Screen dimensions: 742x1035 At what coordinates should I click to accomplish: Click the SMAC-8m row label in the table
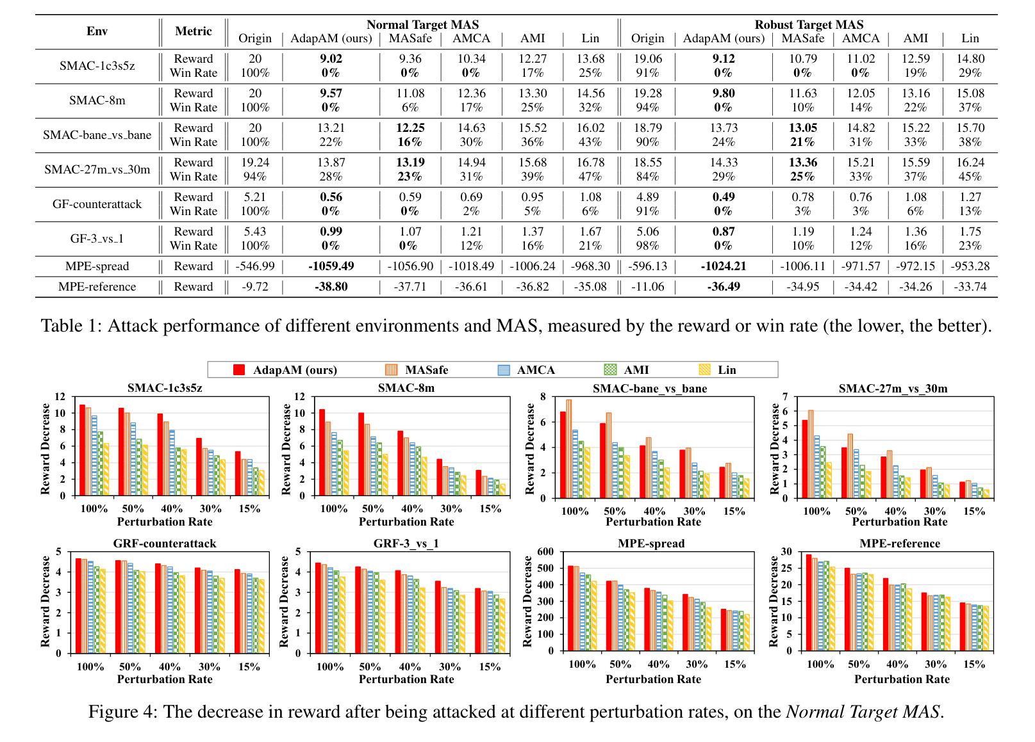tap(97, 100)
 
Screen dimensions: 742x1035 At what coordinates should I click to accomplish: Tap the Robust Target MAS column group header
tap(808, 25)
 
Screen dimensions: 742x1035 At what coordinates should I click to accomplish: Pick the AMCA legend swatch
tap(504, 369)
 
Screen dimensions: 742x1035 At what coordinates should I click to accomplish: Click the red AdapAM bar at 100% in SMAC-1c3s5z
tap(83, 450)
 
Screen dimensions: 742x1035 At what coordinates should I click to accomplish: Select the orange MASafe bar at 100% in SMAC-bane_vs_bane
tap(568, 449)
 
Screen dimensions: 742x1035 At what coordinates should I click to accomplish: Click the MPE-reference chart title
tap(899, 543)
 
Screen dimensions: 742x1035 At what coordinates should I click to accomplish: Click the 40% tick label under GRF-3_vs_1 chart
tap(410, 666)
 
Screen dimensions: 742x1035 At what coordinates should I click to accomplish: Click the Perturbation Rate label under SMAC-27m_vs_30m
tap(899, 522)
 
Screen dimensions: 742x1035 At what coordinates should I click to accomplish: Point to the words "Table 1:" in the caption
tap(70, 326)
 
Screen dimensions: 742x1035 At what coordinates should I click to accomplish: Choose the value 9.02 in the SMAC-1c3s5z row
tap(331, 59)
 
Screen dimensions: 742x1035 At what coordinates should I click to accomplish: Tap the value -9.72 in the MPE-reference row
tap(255, 286)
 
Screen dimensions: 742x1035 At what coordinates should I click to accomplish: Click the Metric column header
tap(194, 31)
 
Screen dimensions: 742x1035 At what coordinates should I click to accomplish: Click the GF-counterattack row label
tap(97, 204)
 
